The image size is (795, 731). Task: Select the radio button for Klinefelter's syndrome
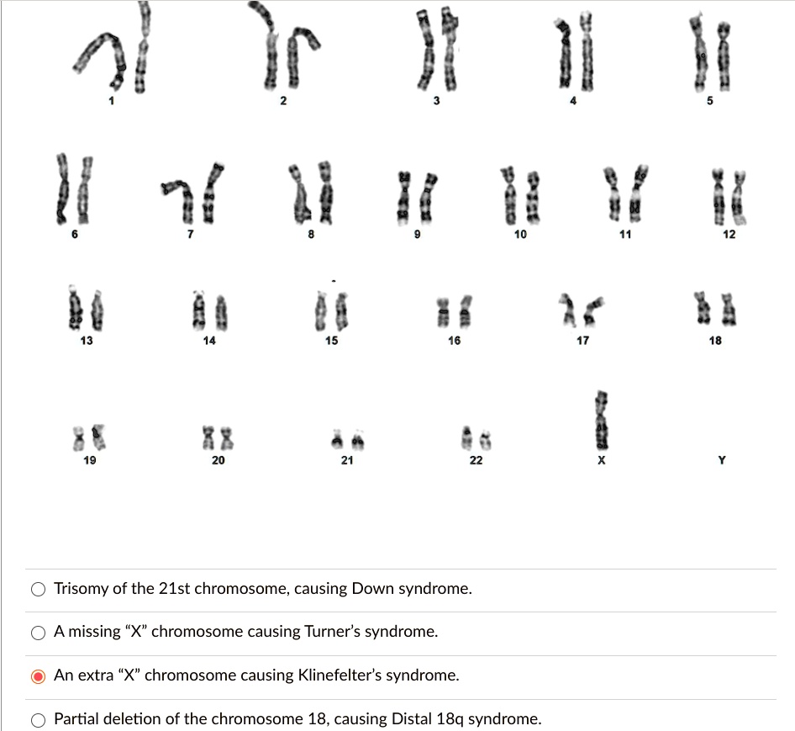pyautogui.click(x=39, y=675)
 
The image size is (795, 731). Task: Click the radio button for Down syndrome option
pyautogui.click(x=39, y=589)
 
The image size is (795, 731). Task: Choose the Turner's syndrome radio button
pyautogui.click(x=39, y=632)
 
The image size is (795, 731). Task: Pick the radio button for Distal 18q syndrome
pyautogui.click(x=39, y=719)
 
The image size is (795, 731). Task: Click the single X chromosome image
pyautogui.click(x=600, y=421)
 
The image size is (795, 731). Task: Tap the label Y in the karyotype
pyautogui.click(x=722, y=460)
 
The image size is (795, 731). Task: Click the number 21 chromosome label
pyautogui.click(x=347, y=460)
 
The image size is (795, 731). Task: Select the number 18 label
pyautogui.click(x=715, y=341)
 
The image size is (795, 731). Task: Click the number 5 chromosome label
pyautogui.click(x=709, y=103)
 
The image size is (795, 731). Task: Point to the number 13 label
pyautogui.click(x=87, y=341)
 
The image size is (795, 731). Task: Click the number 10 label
pyautogui.click(x=520, y=235)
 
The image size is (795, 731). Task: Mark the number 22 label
pyautogui.click(x=476, y=460)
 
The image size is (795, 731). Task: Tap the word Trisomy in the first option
pyautogui.click(x=81, y=589)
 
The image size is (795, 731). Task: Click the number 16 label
pyautogui.click(x=454, y=341)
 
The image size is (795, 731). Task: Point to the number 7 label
pyautogui.click(x=190, y=235)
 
